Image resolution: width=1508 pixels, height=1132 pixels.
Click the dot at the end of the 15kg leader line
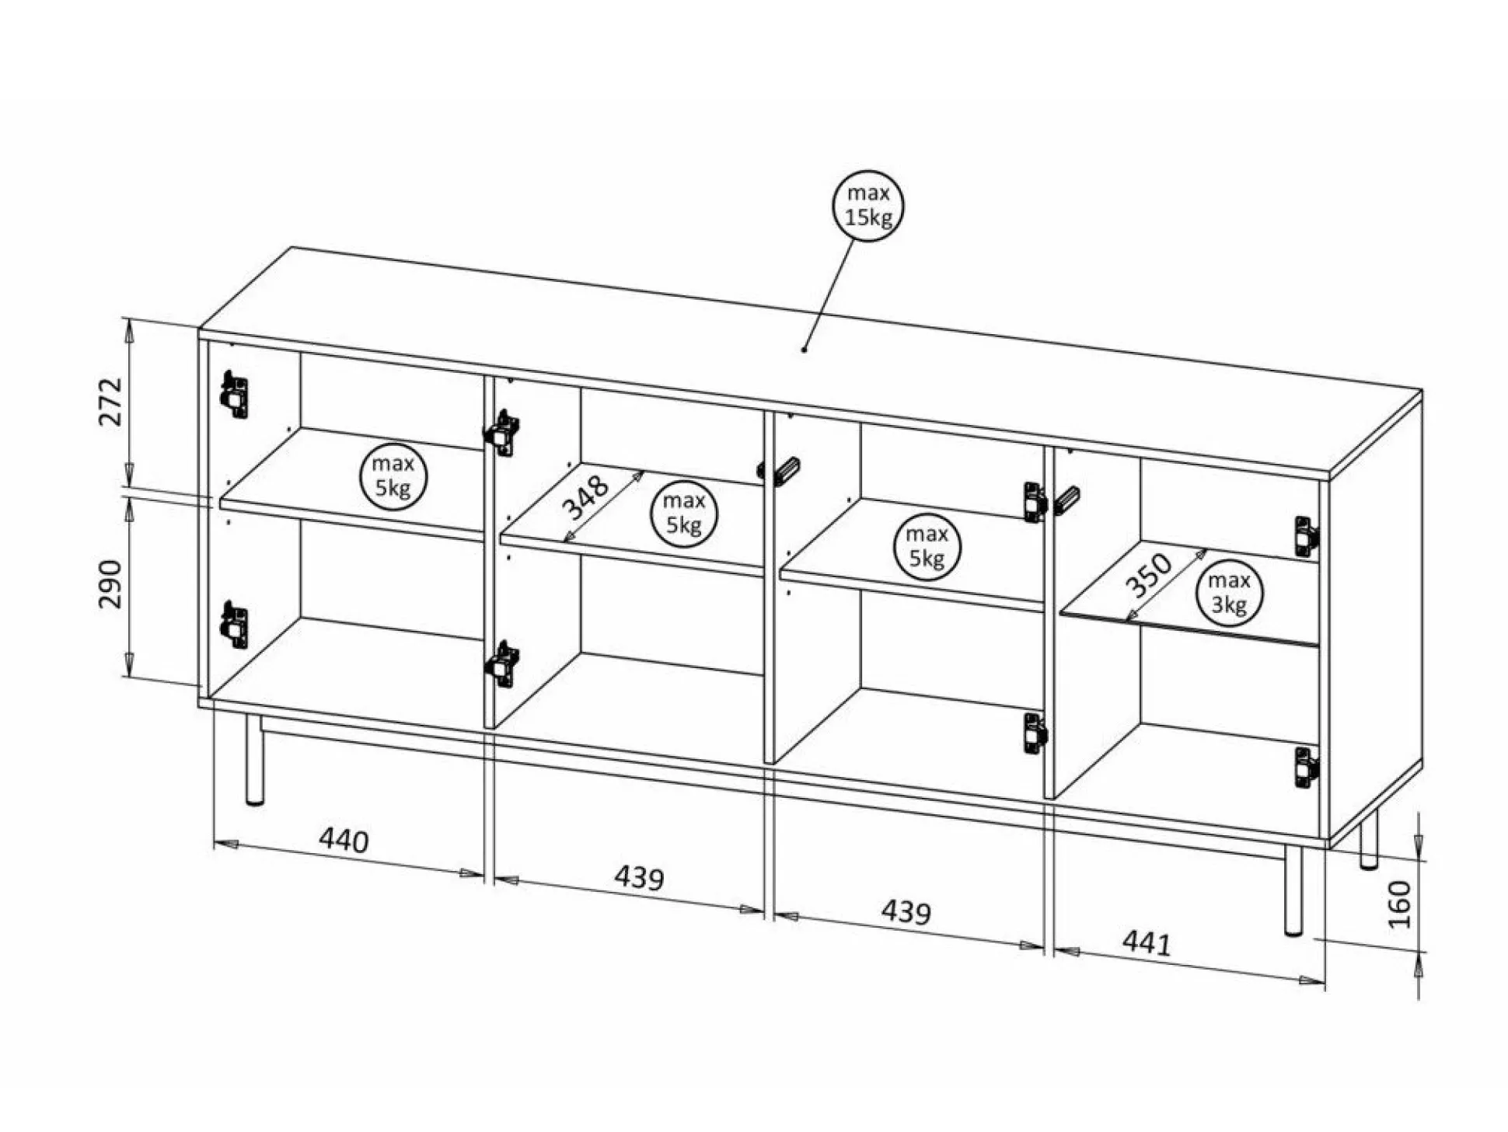click(x=804, y=350)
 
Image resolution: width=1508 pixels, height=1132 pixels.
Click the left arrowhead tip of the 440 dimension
click(x=215, y=841)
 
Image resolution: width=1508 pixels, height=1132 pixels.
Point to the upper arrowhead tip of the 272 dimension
click(x=130, y=319)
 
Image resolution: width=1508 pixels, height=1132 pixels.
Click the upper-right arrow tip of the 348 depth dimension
click(x=644, y=471)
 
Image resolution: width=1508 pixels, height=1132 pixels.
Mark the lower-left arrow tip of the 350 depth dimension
click(x=1126, y=622)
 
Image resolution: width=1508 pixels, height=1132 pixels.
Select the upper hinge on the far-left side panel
click(x=234, y=395)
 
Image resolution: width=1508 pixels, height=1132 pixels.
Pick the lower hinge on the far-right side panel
click(x=1306, y=767)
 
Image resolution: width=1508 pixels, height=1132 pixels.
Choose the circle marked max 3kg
click(x=1229, y=593)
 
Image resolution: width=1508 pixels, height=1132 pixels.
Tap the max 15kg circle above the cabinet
click(x=868, y=206)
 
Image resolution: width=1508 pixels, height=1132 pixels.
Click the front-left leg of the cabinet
click(x=254, y=761)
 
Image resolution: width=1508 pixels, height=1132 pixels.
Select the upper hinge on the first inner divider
click(x=503, y=433)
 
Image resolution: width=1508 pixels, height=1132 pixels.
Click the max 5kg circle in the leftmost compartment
click(x=393, y=476)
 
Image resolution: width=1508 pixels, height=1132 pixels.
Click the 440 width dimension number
click(x=344, y=841)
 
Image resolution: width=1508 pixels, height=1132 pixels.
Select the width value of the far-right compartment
click(x=1147, y=943)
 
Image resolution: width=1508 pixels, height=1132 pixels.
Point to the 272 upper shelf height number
click(x=111, y=402)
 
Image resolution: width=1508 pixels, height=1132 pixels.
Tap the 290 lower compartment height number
click(x=111, y=584)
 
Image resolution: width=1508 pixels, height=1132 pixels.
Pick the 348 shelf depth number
click(x=585, y=498)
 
